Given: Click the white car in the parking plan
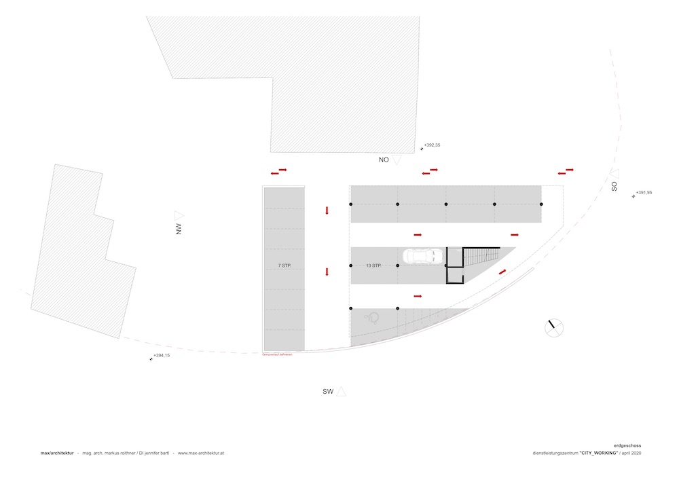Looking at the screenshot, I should point(422,256).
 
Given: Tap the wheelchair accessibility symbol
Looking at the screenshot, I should point(373,316).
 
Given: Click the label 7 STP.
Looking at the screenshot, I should point(284,265).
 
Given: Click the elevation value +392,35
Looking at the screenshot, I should point(433,145).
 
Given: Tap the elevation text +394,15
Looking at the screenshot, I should point(162,356).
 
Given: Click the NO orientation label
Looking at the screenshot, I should point(384,160).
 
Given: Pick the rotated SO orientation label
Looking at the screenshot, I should point(614,185).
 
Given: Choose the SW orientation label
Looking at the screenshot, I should point(329,392).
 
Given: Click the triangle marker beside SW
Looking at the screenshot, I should point(342,390).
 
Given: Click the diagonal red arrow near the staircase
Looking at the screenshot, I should point(502,272).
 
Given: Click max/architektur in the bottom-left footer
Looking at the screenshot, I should point(56,453).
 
